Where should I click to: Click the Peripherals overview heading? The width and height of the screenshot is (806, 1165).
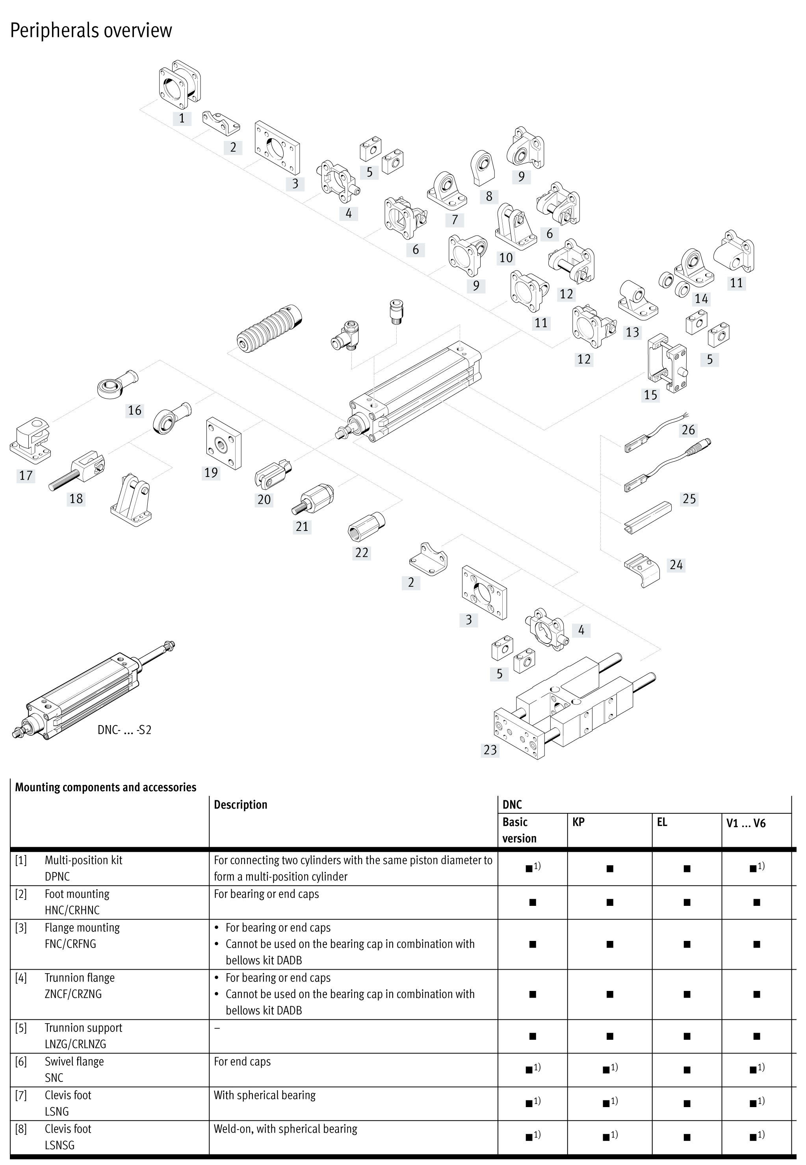tap(91, 30)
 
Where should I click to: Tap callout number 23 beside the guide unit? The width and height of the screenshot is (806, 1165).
tap(490, 749)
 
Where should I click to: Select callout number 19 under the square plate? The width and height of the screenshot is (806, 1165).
tap(211, 473)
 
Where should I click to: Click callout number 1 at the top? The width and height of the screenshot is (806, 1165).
tap(182, 119)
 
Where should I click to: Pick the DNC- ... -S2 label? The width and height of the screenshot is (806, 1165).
tap(124, 730)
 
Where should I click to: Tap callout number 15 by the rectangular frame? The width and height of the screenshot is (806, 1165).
tap(650, 395)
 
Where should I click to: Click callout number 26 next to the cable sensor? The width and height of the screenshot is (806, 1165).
tap(688, 430)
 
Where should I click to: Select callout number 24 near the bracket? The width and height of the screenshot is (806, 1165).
tap(676, 564)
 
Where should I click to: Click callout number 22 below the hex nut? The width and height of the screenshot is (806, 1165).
tap(362, 552)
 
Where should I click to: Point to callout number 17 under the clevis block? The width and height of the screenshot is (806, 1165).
tap(26, 475)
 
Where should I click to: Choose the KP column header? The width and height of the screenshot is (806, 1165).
tap(578, 822)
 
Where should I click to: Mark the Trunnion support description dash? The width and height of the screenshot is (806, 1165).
tap(217, 1028)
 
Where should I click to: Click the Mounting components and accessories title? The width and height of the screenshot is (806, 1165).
tap(106, 787)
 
